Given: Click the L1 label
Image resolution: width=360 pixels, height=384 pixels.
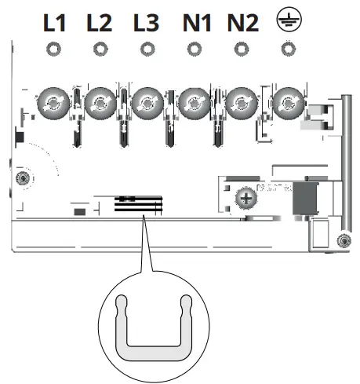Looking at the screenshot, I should pyautogui.click(x=54, y=23).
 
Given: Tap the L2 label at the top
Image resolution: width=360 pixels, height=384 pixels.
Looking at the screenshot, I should pyautogui.click(x=100, y=23).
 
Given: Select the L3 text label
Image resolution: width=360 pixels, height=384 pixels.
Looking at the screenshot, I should pyautogui.click(x=146, y=23).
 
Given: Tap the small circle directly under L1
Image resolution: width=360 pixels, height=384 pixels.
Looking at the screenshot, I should pyautogui.click(x=54, y=49).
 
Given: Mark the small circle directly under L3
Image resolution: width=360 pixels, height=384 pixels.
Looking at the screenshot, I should pyautogui.click(x=146, y=49).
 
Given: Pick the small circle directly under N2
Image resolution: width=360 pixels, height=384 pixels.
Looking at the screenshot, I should pyautogui.click(x=241, y=49).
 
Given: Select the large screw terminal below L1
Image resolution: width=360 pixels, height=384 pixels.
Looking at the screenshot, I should pyautogui.click(x=54, y=102).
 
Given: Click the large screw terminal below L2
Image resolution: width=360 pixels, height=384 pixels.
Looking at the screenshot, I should pyautogui.click(x=100, y=102).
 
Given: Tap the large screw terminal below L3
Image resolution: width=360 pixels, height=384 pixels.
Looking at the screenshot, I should pyautogui.click(x=146, y=102).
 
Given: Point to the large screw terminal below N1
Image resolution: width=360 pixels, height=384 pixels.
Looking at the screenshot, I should pyautogui.click(x=193, y=102).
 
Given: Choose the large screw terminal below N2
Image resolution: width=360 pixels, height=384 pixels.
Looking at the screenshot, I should pyautogui.click(x=240, y=102).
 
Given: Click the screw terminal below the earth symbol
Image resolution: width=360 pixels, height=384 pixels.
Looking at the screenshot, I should pyautogui.click(x=289, y=102).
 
